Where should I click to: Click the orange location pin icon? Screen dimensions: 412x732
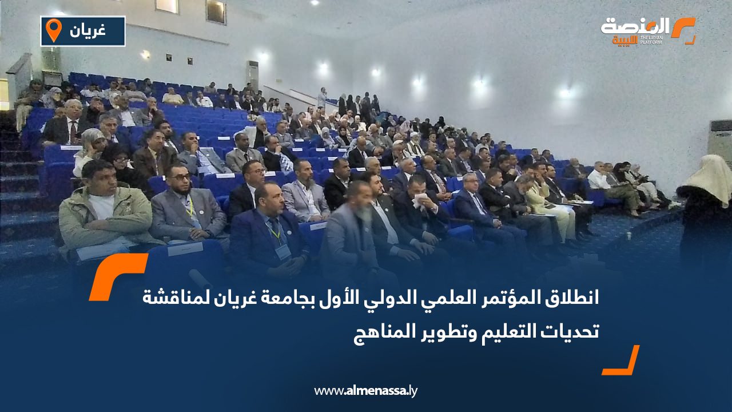[54, 30]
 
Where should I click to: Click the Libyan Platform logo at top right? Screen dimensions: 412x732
[647, 30]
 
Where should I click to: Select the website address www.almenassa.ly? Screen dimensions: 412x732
[366, 391]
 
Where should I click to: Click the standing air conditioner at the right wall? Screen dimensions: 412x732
[720, 143]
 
